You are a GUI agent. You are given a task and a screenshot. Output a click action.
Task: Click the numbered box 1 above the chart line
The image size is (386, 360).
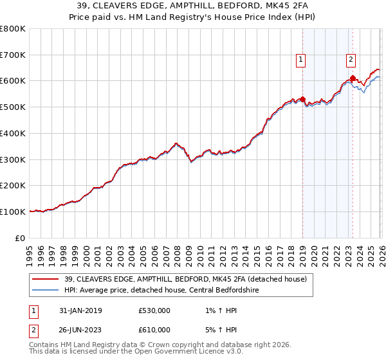point(300,60)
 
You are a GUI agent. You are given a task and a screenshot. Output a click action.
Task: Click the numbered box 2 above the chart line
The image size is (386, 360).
point(351,60)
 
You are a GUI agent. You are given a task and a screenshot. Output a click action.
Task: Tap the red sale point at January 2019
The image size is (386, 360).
point(302,99)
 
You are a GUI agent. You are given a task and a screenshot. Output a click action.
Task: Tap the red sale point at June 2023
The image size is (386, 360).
point(353,78)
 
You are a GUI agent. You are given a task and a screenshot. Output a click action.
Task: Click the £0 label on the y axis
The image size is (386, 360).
point(21,238)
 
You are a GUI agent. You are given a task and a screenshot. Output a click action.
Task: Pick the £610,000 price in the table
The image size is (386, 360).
point(154,330)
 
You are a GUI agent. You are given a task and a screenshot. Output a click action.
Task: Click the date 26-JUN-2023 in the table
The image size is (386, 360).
point(85,330)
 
